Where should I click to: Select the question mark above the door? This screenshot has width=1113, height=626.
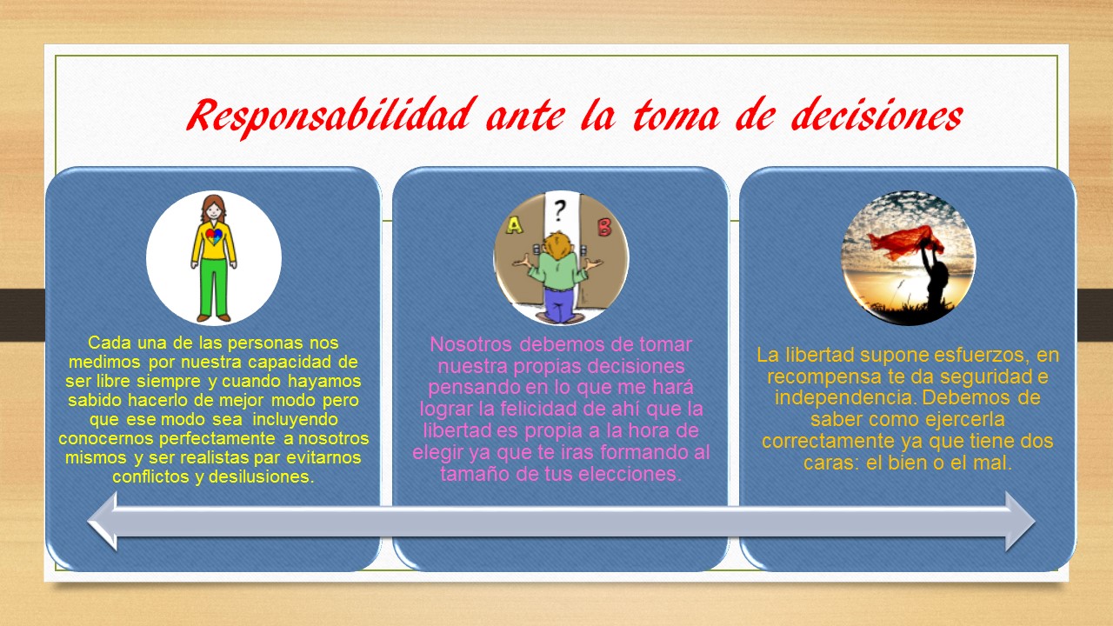560,209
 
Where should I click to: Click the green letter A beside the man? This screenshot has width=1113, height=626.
514,226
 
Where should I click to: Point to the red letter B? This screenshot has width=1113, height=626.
604,228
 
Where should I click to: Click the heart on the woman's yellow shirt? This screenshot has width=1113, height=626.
214,236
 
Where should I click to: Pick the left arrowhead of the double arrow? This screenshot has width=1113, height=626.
103,521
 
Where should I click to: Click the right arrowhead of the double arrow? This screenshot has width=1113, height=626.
1019,521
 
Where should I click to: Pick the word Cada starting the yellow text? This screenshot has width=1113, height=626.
109,343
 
